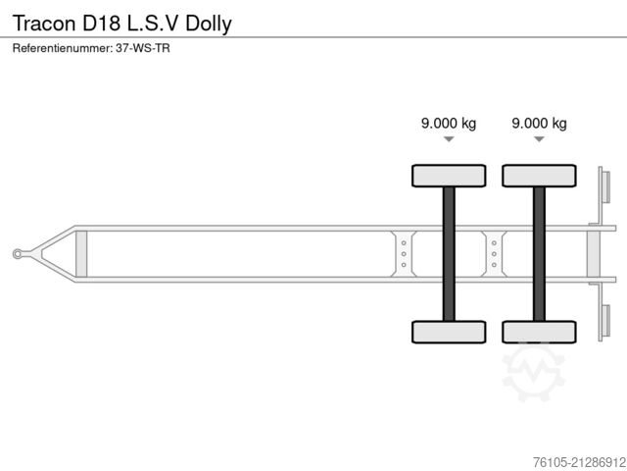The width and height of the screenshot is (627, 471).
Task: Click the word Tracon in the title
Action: [43, 23]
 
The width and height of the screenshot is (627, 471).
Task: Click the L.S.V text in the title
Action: [154, 23]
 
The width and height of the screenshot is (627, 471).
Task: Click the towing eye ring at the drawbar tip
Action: [19, 254]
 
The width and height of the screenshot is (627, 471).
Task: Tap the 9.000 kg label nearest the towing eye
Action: [448, 123]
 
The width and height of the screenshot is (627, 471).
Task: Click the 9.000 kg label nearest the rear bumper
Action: [539, 123]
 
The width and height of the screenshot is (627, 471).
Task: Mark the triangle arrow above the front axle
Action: [448, 140]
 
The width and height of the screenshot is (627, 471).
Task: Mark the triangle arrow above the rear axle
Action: [539, 140]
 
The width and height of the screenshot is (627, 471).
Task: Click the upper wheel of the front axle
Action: [448, 176]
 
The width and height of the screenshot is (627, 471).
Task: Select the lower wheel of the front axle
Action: [448, 332]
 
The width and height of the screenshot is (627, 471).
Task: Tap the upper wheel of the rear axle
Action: [539, 176]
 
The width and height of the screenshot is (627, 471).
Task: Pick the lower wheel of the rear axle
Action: [539, 332]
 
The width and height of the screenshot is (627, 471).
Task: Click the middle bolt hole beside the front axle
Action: [404, 254]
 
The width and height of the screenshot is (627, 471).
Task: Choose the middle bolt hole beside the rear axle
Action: [494, 254]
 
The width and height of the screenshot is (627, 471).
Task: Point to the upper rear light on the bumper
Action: [604, 185]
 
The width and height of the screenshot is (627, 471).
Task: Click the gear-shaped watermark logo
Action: [534, 371]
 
